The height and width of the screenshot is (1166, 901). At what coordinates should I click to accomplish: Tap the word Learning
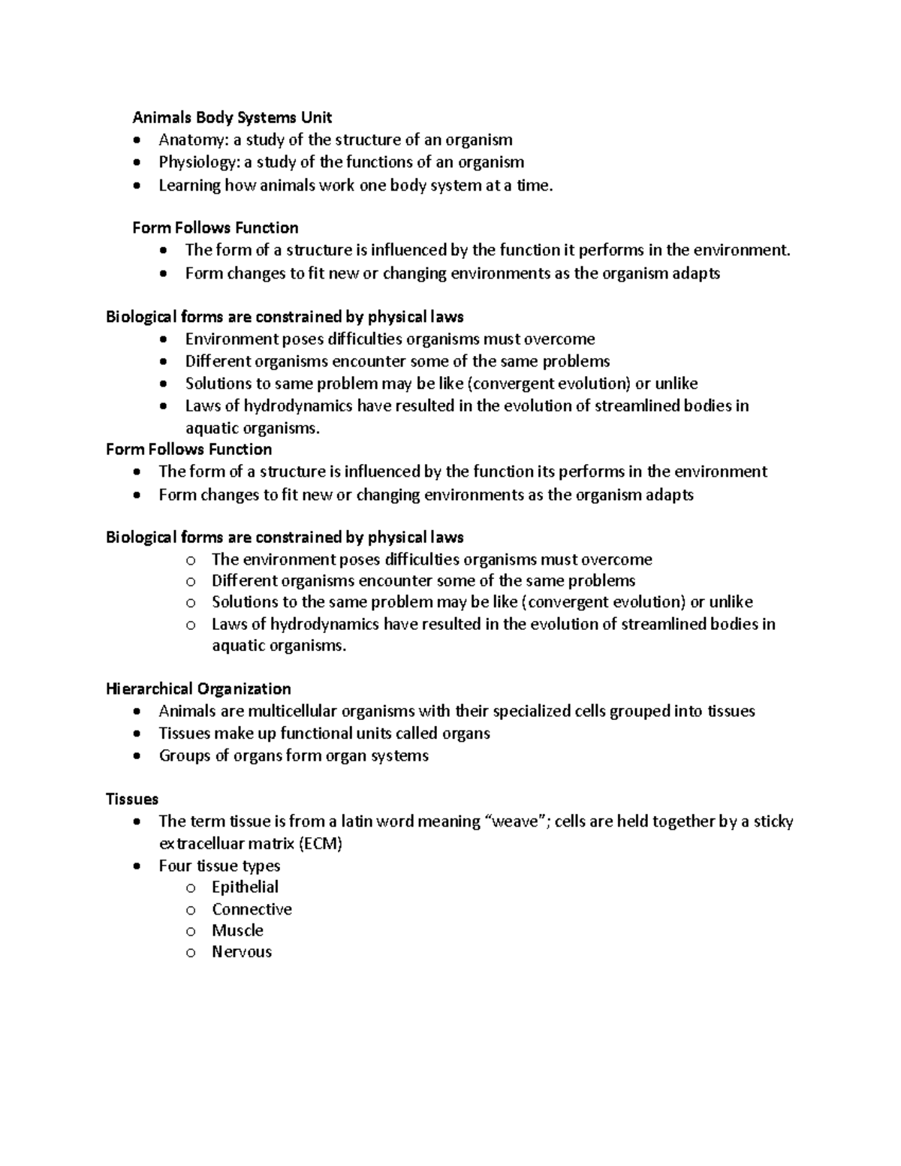(x=189, y=185)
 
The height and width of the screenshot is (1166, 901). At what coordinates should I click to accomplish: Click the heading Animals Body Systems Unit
(x=232, y=117)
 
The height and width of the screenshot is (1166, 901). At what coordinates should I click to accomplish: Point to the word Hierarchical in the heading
(x=149, y=688)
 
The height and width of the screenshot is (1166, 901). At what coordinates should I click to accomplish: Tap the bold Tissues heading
(x=132, y=799)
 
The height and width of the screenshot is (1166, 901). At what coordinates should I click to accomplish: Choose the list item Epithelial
(x=245, y=887)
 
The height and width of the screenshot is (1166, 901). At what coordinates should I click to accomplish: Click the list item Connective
(x=252, y=909)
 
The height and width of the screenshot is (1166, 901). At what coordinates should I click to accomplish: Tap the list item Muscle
(x=237, y=930)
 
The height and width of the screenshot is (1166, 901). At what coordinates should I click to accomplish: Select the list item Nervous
(x=242, y=952)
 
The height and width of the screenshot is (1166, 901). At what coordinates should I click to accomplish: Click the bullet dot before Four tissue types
(x=135, y=866)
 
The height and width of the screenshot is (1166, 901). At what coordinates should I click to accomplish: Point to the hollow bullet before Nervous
(x=191, y=953)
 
